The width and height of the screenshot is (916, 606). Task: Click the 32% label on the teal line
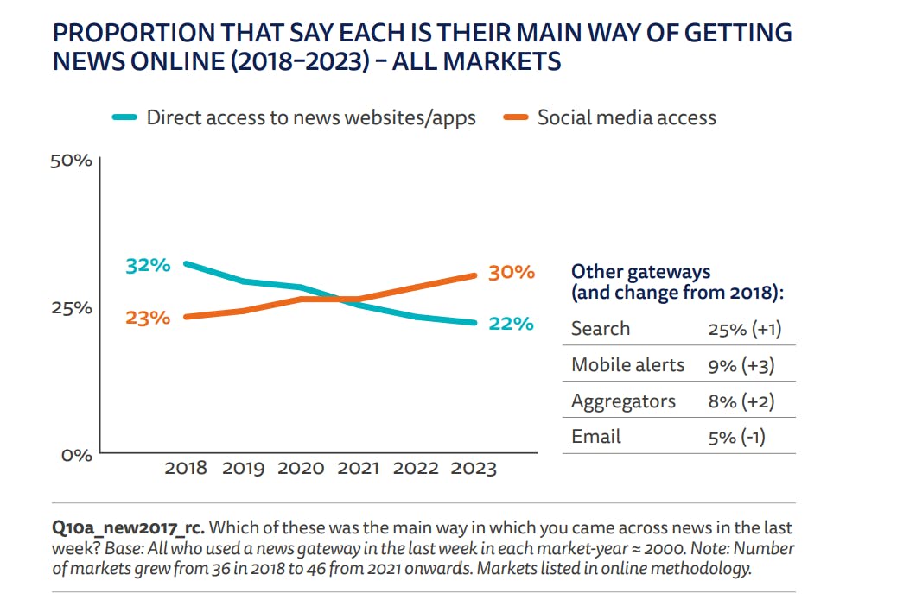coord(148,265)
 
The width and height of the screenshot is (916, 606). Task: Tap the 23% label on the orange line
coord(148,318)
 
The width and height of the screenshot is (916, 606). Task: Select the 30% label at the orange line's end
coord(512,272)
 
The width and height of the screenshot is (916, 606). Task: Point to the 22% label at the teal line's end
coord(511,324)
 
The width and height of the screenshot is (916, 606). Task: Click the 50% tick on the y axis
coord(72,161)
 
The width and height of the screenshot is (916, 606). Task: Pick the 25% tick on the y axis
coord(72,308)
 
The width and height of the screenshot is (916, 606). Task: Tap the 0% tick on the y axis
coord(76,455)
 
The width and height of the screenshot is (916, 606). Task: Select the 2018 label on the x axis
coord(186,469)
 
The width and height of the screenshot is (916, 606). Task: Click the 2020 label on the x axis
coord(301,469)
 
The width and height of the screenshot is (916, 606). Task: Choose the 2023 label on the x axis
coord(474,469)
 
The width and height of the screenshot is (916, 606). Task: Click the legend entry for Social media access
coord(627,117)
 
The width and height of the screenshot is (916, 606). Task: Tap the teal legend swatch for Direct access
coord(125,118)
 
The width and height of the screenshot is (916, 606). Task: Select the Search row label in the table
coord(601,329)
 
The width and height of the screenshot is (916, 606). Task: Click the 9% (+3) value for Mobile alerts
coord(741,366)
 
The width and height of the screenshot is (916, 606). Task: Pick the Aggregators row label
coord(623,402)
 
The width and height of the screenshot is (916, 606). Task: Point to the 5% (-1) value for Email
coord(736,438)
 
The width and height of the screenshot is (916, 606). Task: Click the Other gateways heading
coord(641,272)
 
